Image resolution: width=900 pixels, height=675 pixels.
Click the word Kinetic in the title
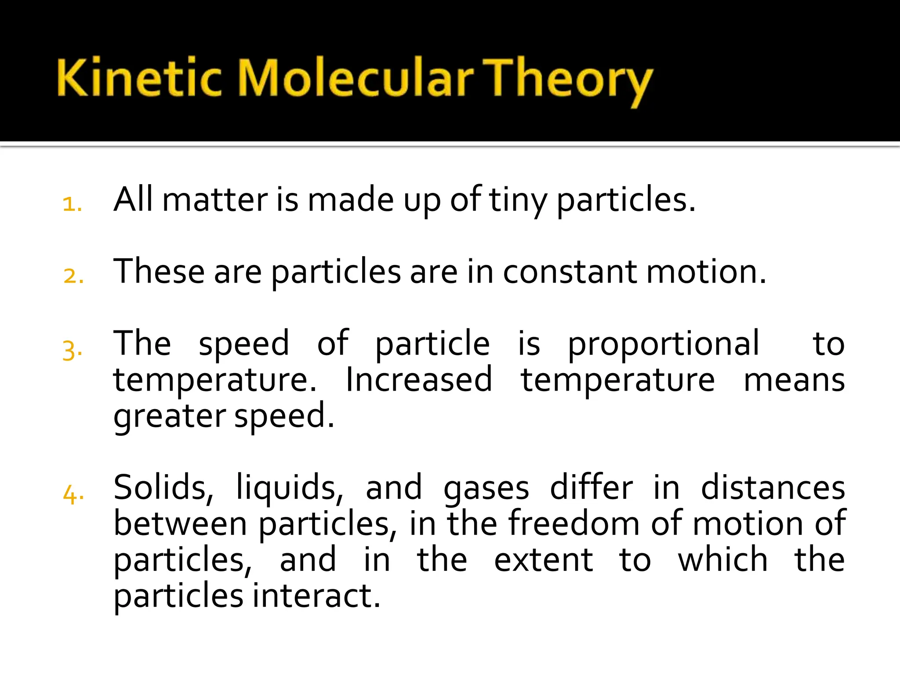click(x=138, y=78)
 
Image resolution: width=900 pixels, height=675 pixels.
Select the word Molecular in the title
click(x=356, y=78)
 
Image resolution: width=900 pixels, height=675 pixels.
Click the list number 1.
click(x=72, y=204)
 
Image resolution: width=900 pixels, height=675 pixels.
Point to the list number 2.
click(x=73, y=276)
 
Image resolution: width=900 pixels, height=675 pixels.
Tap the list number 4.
click(x=73, y=494)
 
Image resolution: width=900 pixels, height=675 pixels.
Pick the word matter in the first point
click(x=215, y=200)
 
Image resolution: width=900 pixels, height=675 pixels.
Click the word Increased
click(x=418, y=380)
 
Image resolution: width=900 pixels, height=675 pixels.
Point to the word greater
click(x=169, y=417)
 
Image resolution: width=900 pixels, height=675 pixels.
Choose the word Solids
click(x=163, y=488)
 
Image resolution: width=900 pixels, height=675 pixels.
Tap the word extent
click(x=543, y=560)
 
